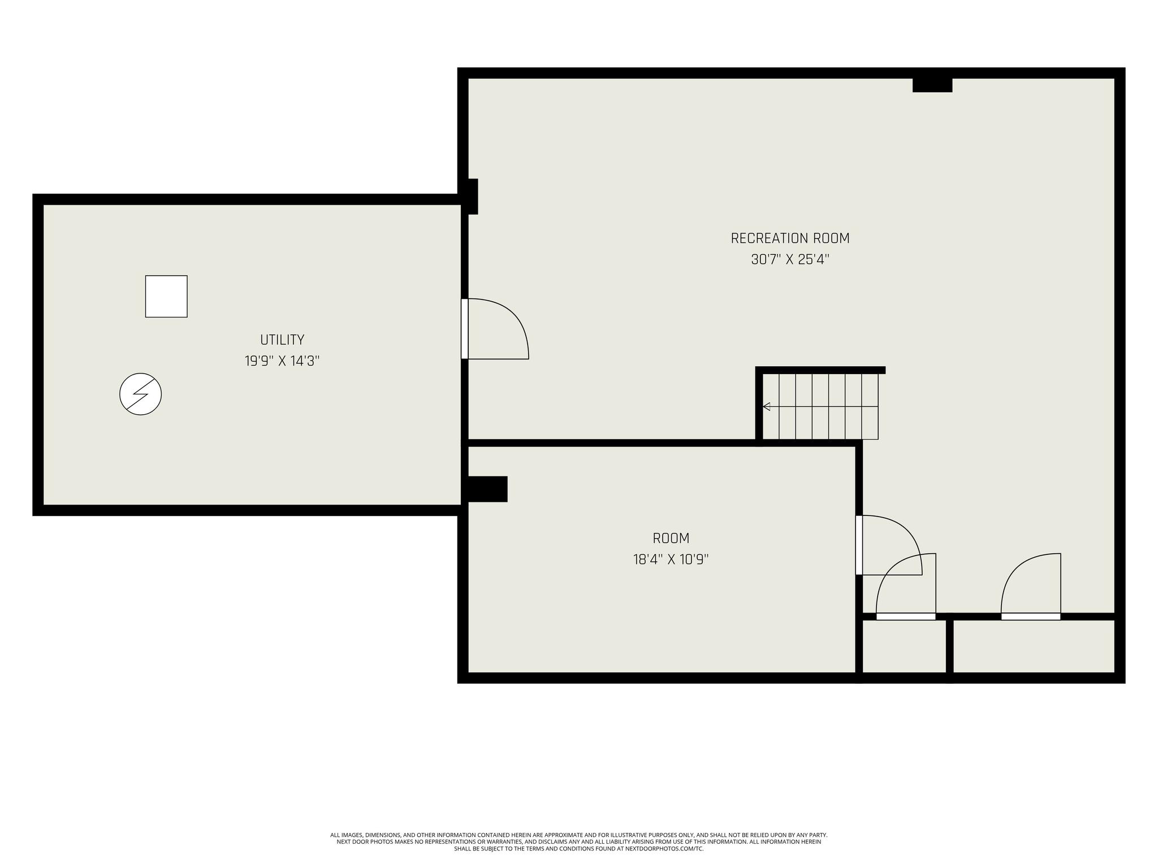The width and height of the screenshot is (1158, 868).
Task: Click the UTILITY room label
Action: point(282,340)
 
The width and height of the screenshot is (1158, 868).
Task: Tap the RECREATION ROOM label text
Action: point(790,238)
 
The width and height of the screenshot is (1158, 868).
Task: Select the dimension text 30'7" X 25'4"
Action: point(790,260)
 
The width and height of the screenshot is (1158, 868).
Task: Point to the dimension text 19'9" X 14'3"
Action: point(282,361)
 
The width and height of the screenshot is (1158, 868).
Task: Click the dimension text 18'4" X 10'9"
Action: point(671,559)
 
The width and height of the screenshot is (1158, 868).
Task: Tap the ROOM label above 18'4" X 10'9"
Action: point(671,538)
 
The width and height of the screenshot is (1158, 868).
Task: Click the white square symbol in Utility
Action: point(166,296)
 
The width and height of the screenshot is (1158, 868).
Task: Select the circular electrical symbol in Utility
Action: point(141,394)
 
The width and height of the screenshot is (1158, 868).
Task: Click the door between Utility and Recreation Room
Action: point(495,328)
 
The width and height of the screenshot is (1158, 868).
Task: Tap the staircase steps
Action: point(820,406)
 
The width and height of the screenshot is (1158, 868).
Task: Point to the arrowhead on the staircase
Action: point(766,406)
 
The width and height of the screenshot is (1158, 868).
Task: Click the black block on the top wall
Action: point(932,85)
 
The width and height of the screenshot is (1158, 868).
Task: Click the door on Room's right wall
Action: point(889,545)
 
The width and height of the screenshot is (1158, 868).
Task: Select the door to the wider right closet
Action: point(1031,586)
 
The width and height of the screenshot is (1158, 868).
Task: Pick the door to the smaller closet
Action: point(906,586)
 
